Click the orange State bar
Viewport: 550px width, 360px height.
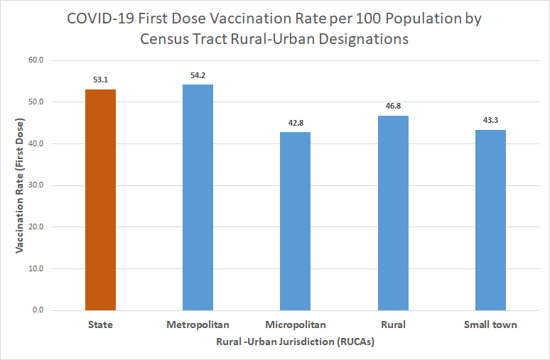click(100, 200)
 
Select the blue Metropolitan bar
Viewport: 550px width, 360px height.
click(198, 197)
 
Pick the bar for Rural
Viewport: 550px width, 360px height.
click(393, 213)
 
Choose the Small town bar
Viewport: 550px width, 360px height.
click(490, 220)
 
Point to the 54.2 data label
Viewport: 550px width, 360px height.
click(198, 75)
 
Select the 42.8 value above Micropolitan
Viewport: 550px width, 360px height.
click(296, 123)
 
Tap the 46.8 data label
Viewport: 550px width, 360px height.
click(393, 106)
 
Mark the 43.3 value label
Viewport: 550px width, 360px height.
click(490, 121)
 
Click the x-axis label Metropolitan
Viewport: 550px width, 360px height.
click(198, 325)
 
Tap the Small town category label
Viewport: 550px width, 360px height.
click(490, 325)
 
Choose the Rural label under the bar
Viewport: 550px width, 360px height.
click(393, 325)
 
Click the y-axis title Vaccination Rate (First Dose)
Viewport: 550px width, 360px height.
click(20, 185)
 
